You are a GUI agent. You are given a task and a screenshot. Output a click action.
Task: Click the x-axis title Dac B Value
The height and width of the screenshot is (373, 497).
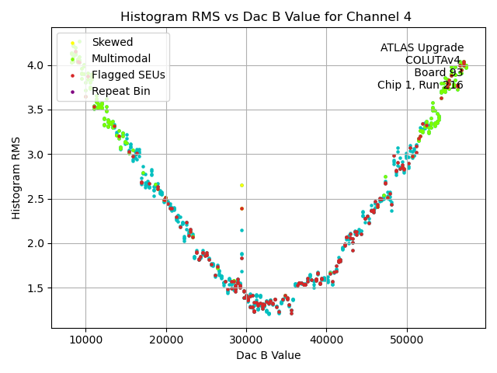[269, 355]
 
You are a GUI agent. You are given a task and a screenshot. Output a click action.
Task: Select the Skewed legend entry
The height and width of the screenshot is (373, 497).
[112, 42]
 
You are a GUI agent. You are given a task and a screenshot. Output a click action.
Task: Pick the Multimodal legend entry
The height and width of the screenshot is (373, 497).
[121, 58]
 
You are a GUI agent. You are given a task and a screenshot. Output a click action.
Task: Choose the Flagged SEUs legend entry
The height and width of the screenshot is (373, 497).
[128, 75]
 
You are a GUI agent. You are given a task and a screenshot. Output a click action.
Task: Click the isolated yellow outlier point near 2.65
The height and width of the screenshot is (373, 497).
[242, 185]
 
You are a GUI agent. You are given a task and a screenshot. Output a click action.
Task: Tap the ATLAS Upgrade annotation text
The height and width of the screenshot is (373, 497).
[422, 48]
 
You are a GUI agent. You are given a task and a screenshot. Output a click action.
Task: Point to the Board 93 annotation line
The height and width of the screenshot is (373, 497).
[439, 73]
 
